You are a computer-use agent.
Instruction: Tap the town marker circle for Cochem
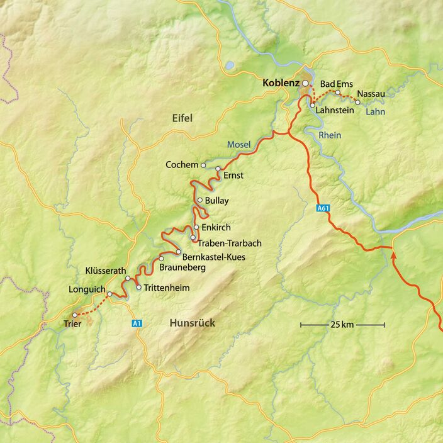203,165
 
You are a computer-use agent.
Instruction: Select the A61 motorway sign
323,208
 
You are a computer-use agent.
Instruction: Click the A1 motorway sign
137,323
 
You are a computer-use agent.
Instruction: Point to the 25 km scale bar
342,325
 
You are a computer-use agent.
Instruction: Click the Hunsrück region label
192,323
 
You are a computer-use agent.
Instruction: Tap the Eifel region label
182,118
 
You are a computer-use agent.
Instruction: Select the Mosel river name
238,145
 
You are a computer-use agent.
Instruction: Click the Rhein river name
330,135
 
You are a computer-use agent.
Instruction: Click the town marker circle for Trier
75,315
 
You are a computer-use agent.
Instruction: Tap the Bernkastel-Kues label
213,257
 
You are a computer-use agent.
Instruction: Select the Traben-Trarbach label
230,242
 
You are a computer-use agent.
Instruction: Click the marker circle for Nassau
357,101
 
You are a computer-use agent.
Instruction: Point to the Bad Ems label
337,84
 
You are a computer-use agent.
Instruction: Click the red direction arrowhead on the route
394,255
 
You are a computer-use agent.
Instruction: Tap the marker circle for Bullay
199,201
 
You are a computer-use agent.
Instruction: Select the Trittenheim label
167,288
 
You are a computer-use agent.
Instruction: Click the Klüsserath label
106,271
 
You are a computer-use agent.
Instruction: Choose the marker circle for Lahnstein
312,106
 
